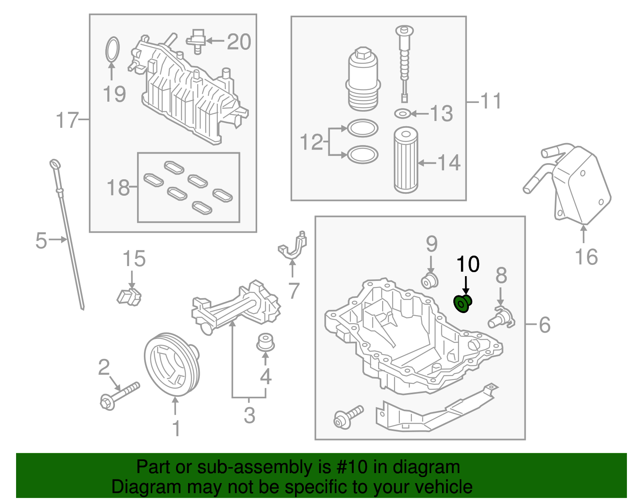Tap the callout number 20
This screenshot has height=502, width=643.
239,42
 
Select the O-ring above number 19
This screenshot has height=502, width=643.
113,50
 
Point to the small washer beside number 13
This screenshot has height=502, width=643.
403,114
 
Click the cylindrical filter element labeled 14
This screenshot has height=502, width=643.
405,160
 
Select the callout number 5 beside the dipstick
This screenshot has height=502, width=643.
41,240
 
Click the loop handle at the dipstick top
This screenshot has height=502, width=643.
55,164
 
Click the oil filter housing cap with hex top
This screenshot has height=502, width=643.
362,80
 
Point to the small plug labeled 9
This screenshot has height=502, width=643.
430,281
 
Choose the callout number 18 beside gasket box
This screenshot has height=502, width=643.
118,188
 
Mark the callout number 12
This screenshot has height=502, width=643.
311,142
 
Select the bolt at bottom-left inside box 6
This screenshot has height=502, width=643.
348,417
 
